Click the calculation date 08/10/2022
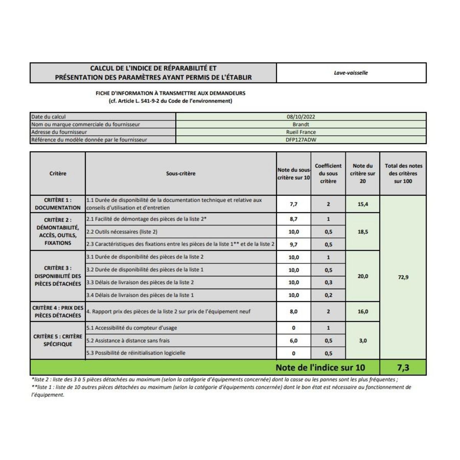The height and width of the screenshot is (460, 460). pyautogui.click(x=301, y=117)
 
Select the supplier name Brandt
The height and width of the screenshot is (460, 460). pyautogui.click(x=301, y=124)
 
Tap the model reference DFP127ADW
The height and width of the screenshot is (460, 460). pyautogui.click(x=301, y=140)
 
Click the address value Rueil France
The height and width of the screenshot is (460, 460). pyautogui.click(x=301, y=132)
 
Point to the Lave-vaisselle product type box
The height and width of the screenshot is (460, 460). pyautogui.click(x=351, y=73)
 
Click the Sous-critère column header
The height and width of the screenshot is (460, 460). pyautogui.click(x=181, y=174)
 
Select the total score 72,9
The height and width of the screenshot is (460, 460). pyautogui.click(x=403, y=277)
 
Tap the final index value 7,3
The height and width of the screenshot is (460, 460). pyautogui.click(x=403, y=368)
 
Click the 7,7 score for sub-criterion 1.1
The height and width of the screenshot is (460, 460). pyautogui.click(x=294, y=204)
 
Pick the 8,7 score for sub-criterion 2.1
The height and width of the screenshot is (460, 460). pyautogui.click(x=294, y=219)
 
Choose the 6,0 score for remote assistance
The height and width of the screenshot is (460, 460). pyautogui.click(x=294, y=340)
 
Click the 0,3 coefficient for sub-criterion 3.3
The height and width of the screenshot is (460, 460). pyautogui.click(x=328, y=283)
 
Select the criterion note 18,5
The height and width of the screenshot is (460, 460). pyautogui.click(x=363, y=232)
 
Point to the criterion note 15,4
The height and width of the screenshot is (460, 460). pyautogui.click(x=363, y=204)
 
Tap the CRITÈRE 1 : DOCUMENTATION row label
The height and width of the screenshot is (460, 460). pyautogui.click(x=58, y=204)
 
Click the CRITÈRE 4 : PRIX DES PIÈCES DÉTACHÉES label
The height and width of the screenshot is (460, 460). pyautogui.click(x=58, y=312)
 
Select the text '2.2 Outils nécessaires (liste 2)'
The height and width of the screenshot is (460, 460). pyautogui.click(x=122, y=232)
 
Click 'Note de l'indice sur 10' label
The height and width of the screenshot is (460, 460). pyautogui.click(x=320, y=368)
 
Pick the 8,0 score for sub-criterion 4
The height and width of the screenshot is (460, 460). pyautogui.click(x=294, y=312)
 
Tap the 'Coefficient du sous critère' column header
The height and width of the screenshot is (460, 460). pyautogui.click(x=328, y=174)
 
